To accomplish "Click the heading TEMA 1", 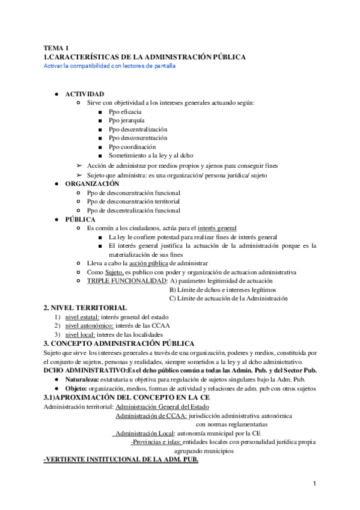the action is [56, 48].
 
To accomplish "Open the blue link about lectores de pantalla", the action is [109, 66].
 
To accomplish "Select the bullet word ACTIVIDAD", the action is [84, 94].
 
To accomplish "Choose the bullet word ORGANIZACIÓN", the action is [92, 183].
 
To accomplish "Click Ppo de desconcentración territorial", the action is [133, 201].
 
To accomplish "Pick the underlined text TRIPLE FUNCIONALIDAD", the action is [125, 281].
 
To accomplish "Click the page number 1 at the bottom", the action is [314, 484].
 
